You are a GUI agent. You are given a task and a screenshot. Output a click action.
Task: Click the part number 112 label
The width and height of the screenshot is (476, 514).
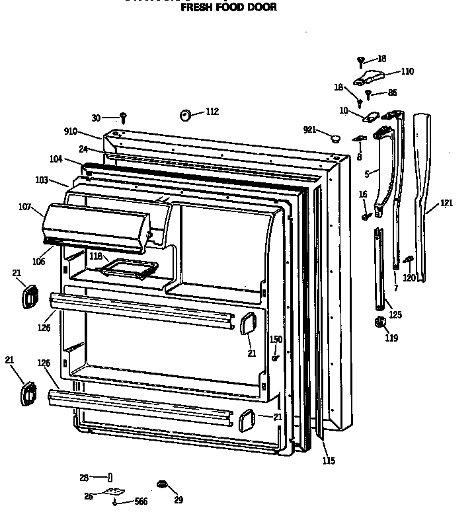pos(212,112)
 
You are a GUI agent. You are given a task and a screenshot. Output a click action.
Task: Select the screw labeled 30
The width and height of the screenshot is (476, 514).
pos(123,118)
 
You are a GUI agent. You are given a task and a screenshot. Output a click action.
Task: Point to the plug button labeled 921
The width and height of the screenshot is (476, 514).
pos(335,137)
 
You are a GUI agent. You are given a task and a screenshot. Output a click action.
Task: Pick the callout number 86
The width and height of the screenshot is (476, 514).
pos(393,93)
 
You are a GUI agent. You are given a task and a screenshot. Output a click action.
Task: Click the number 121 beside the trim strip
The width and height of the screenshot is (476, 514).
pos(446,203)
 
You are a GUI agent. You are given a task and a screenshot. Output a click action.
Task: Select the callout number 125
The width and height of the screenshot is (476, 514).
pos(395,315)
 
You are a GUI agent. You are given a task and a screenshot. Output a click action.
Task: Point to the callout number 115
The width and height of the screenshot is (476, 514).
pos(328,460)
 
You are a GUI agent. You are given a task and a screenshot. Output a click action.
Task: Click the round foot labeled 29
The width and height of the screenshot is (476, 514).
pos(160,486)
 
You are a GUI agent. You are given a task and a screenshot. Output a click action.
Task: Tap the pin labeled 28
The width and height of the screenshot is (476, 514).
pos(110,477)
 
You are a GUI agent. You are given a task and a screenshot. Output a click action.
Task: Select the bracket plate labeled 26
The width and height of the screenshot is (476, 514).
pos(116,492)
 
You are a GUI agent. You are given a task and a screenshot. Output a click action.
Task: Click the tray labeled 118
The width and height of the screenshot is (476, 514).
pos(128,268)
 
